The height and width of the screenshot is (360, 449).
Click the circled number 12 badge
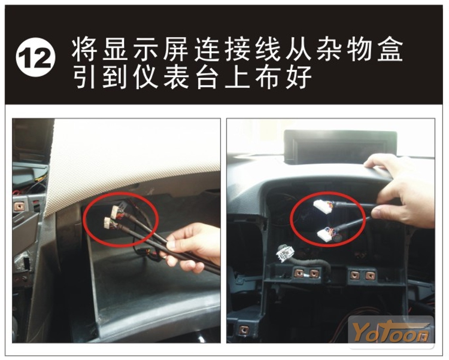pos(35,57)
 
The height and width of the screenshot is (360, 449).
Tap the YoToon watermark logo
pos(390,332)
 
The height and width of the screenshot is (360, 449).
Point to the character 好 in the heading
pos(299,77)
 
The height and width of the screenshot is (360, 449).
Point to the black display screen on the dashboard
pos(341,147)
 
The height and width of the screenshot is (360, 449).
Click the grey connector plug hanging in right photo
pos(285,254)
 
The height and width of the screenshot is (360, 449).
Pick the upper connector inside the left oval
pos(117,210)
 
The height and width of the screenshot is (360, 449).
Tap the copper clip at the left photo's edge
pos(20,206)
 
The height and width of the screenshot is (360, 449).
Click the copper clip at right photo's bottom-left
pos(244,330)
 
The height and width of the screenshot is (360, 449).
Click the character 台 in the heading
pos(207,77)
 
